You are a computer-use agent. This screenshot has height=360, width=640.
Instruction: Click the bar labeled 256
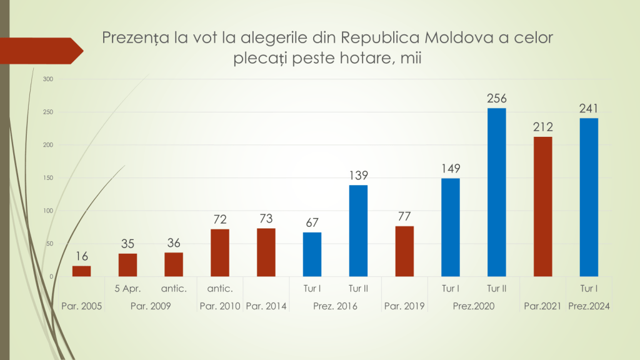[x=496, y=192]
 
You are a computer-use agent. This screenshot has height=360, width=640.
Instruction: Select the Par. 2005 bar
[x=81, y=271]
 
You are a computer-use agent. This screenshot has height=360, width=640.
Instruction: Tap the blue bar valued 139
[x=358, y=231]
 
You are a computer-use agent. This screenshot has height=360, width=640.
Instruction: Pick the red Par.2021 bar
[x=542, y=206]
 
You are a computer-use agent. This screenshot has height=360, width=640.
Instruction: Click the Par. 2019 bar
[x=404, y=251]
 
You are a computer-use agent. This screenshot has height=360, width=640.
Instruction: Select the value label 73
[x=266, y=219]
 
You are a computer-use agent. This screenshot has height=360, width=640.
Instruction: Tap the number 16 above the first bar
[x=81, y=256]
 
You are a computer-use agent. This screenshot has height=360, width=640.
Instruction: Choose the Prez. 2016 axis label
[x=335, y=306]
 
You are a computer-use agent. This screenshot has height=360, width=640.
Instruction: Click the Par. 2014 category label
[x=266, y=306]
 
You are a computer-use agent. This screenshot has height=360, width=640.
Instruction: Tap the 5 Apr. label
[x=127, y=288]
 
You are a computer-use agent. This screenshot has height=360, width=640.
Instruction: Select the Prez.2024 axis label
[x=589, y=306]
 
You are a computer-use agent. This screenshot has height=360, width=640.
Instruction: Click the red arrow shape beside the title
[x=41, y=51]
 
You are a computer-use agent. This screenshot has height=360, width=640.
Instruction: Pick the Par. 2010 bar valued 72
[x=220, y=252]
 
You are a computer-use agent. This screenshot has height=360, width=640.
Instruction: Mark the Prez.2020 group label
[x=473, y=306]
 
